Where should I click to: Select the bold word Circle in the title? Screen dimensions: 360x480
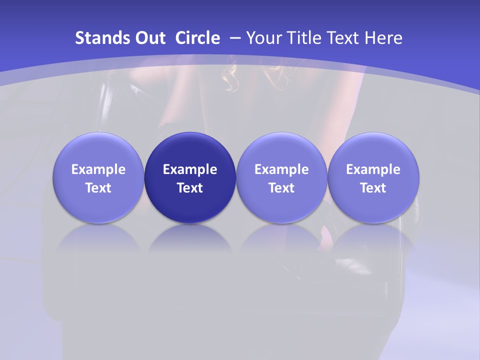197,38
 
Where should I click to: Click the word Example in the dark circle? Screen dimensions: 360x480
190,169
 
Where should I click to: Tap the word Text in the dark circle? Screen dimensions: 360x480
190,188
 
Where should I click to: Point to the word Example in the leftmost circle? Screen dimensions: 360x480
98,169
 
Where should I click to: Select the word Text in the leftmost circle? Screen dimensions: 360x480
98,188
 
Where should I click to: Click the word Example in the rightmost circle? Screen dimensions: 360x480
373,169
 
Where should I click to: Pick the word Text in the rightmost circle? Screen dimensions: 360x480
373,188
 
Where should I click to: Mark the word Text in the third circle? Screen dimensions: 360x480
281,188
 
